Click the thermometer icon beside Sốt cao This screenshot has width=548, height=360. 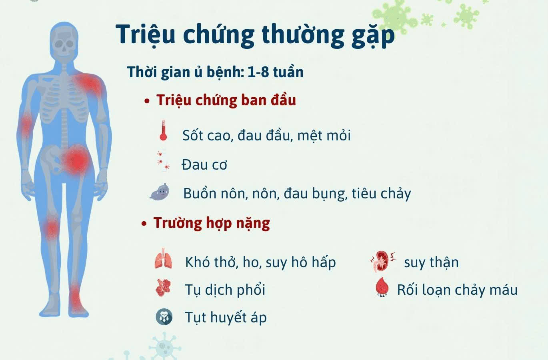pos(163,130)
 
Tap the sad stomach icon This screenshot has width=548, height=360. pos(160,192)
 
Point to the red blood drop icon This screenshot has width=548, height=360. pos(382,287)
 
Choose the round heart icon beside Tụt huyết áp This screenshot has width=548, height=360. pos(164,317)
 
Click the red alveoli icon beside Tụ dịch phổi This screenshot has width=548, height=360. pos(163,288)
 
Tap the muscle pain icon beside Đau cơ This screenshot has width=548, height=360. pos(163,160)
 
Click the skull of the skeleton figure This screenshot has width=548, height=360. pos(64,43)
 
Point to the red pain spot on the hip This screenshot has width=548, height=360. pos(76,160)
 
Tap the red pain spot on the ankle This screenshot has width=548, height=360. pos(75,298)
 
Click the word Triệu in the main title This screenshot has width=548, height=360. pos(145,35)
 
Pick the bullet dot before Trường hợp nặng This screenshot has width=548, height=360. pos(144,224)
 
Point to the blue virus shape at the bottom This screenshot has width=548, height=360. pos(164,346)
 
